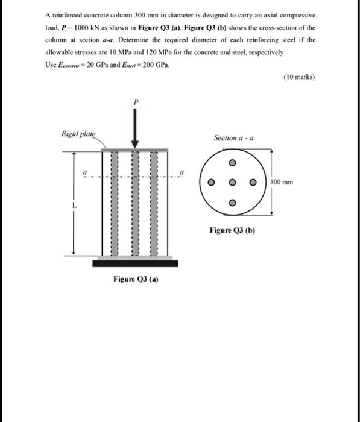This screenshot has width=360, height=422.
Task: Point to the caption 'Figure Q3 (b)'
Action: click(232, 230)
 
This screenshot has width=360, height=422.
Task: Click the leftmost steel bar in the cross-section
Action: click(211, 183)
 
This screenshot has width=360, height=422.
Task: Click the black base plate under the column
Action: click(136, 263)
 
